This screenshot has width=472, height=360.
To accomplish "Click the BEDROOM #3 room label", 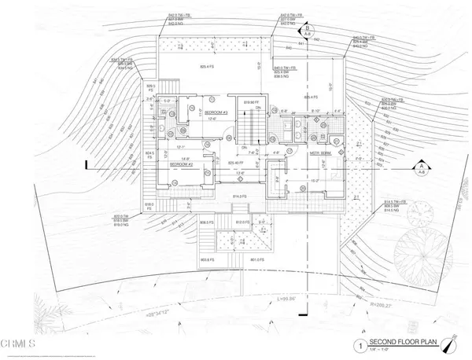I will pos(216,113).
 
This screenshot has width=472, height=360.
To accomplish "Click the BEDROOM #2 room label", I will pos(183,164).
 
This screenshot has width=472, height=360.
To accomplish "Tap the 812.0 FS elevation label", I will pos(244,222).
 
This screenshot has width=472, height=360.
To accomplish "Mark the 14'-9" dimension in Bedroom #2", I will pos(186,159).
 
